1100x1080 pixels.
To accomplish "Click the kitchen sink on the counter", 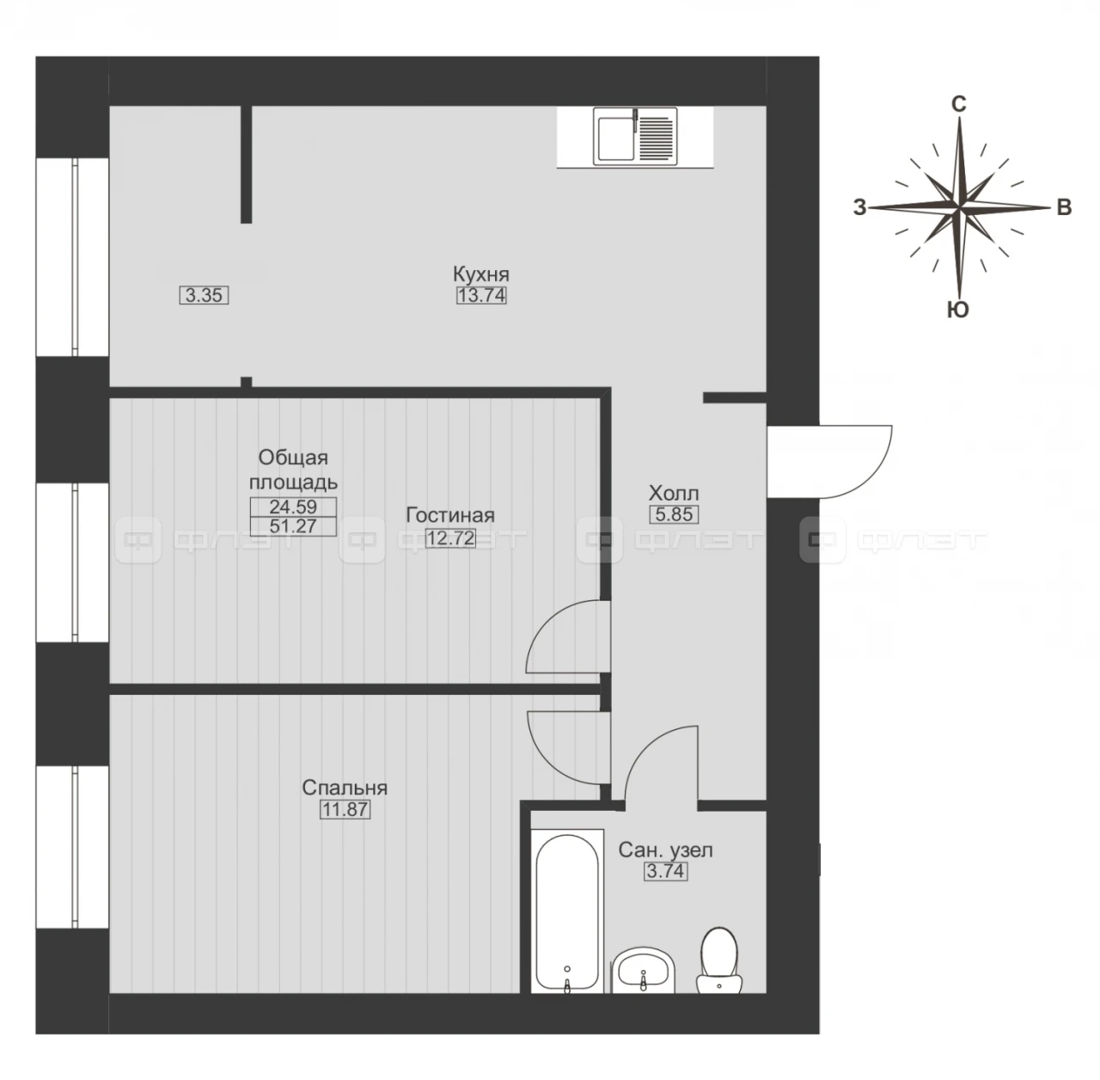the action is [x=635, y=137].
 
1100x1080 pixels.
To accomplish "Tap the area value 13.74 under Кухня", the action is [x=481, y=296].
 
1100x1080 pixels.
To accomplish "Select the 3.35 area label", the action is [x=204, y=296].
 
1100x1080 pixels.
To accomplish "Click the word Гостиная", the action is [x=449, y=515].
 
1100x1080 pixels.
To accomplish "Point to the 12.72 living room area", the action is [x=449, y=538].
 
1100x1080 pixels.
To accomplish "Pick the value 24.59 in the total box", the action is [x=293, y=506].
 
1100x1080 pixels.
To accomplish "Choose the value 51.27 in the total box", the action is [x=293, y=526].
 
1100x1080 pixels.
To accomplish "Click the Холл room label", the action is [x=674, y=493].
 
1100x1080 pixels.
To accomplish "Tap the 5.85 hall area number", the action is [x=674, y=514].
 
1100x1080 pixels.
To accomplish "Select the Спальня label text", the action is [x=345, y=788].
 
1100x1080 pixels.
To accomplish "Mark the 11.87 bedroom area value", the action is [x=345, y=810].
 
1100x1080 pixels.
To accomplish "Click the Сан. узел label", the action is [x=666, y=850].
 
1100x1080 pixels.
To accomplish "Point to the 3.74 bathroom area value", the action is [x=666, y=871].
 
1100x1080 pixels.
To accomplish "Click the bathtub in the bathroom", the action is [x=567, y=911].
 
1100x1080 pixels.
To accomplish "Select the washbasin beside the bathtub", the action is [x=644, y=972].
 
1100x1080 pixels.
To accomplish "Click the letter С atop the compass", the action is [x=958, y=104].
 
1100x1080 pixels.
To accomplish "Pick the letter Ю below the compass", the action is [x=958, y=310].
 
